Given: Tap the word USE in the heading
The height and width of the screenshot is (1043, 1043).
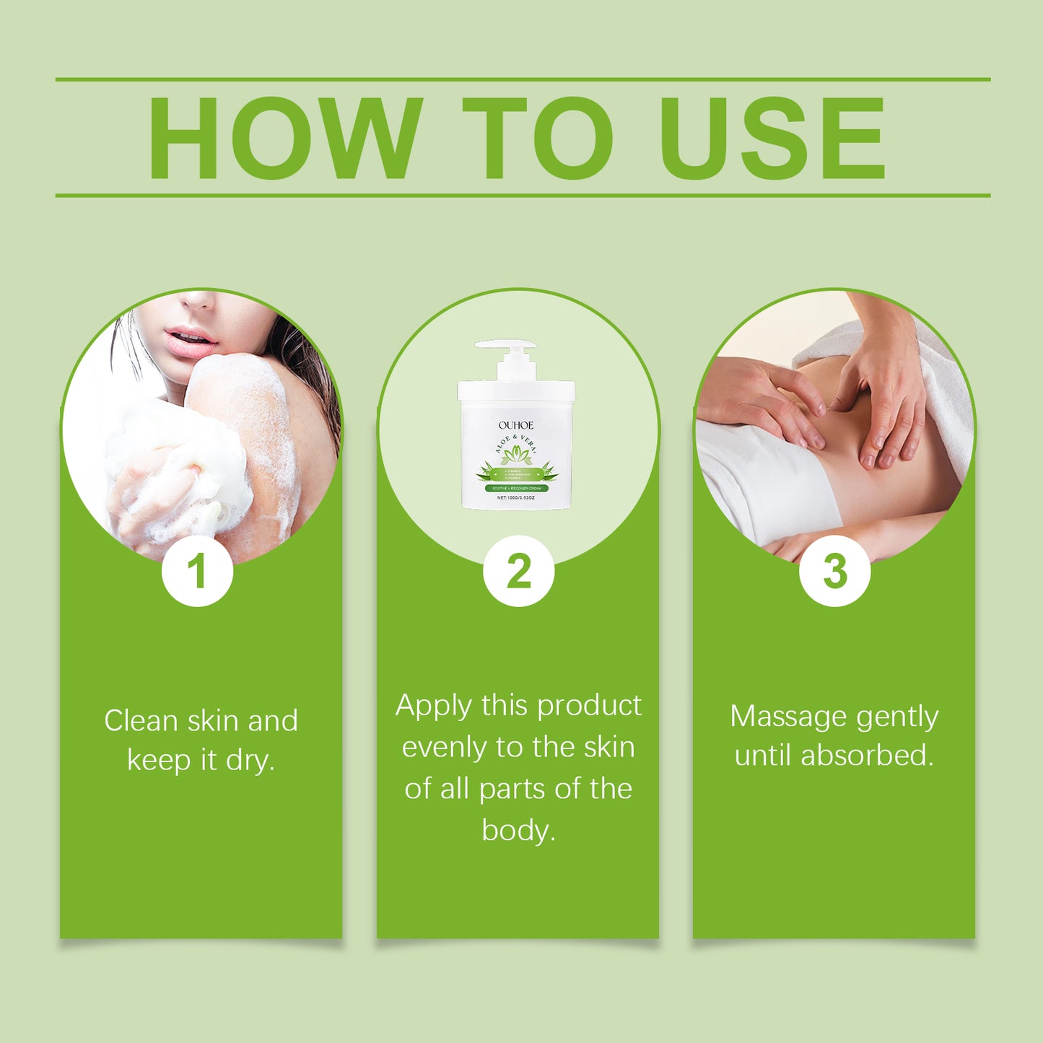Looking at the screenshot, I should point(772,138).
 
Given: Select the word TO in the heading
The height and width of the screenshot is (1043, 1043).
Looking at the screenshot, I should point(538,138).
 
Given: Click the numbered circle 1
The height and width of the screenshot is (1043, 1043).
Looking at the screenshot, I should point(197,571).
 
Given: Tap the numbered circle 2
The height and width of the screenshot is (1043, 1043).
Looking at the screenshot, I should point(518,571).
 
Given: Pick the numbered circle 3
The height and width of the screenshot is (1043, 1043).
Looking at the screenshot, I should point(834,571).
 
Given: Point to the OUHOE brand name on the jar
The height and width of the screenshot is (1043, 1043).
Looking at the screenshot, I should point(516,425).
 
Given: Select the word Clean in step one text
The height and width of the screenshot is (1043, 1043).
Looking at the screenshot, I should point(141,720).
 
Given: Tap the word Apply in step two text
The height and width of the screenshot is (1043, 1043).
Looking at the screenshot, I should point(433,706).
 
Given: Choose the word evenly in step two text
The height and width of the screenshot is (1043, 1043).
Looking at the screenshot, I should point(444,748).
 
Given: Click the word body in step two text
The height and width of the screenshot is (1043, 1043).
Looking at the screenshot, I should point(517,830).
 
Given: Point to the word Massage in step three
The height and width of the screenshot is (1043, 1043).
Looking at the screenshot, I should point(788,717).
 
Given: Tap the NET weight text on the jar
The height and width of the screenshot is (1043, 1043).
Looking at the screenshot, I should point(516,498).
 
